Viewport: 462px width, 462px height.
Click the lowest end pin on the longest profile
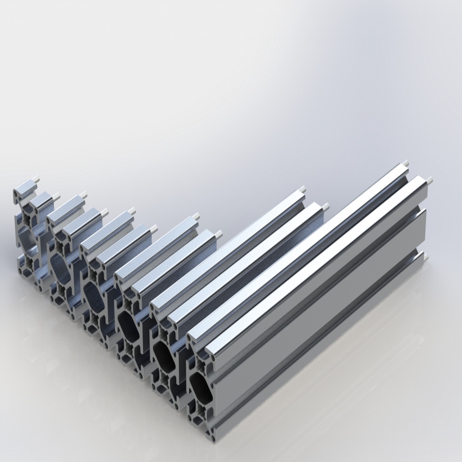click(425, 258)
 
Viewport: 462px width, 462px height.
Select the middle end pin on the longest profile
click(429, 180)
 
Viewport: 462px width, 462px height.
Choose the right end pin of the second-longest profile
click(325, 206)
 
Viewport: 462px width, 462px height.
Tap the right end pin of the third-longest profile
click(219, 234)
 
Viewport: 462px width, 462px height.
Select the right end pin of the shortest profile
click(57, 196)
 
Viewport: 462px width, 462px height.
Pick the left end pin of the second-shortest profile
click(84, 195)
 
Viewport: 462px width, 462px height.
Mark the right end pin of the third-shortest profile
click(154, 228)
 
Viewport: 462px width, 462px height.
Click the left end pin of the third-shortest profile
click(132, 211)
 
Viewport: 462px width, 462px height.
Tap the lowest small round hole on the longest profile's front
click(212, 437)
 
